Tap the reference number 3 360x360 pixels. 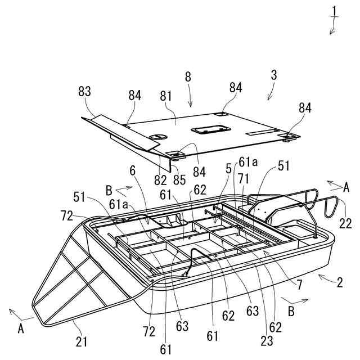tap(274, 74)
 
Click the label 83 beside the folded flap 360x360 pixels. tap(85, 91)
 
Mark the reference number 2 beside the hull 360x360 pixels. tap(339, 283)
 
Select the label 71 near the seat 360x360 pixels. tap(244, 178)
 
